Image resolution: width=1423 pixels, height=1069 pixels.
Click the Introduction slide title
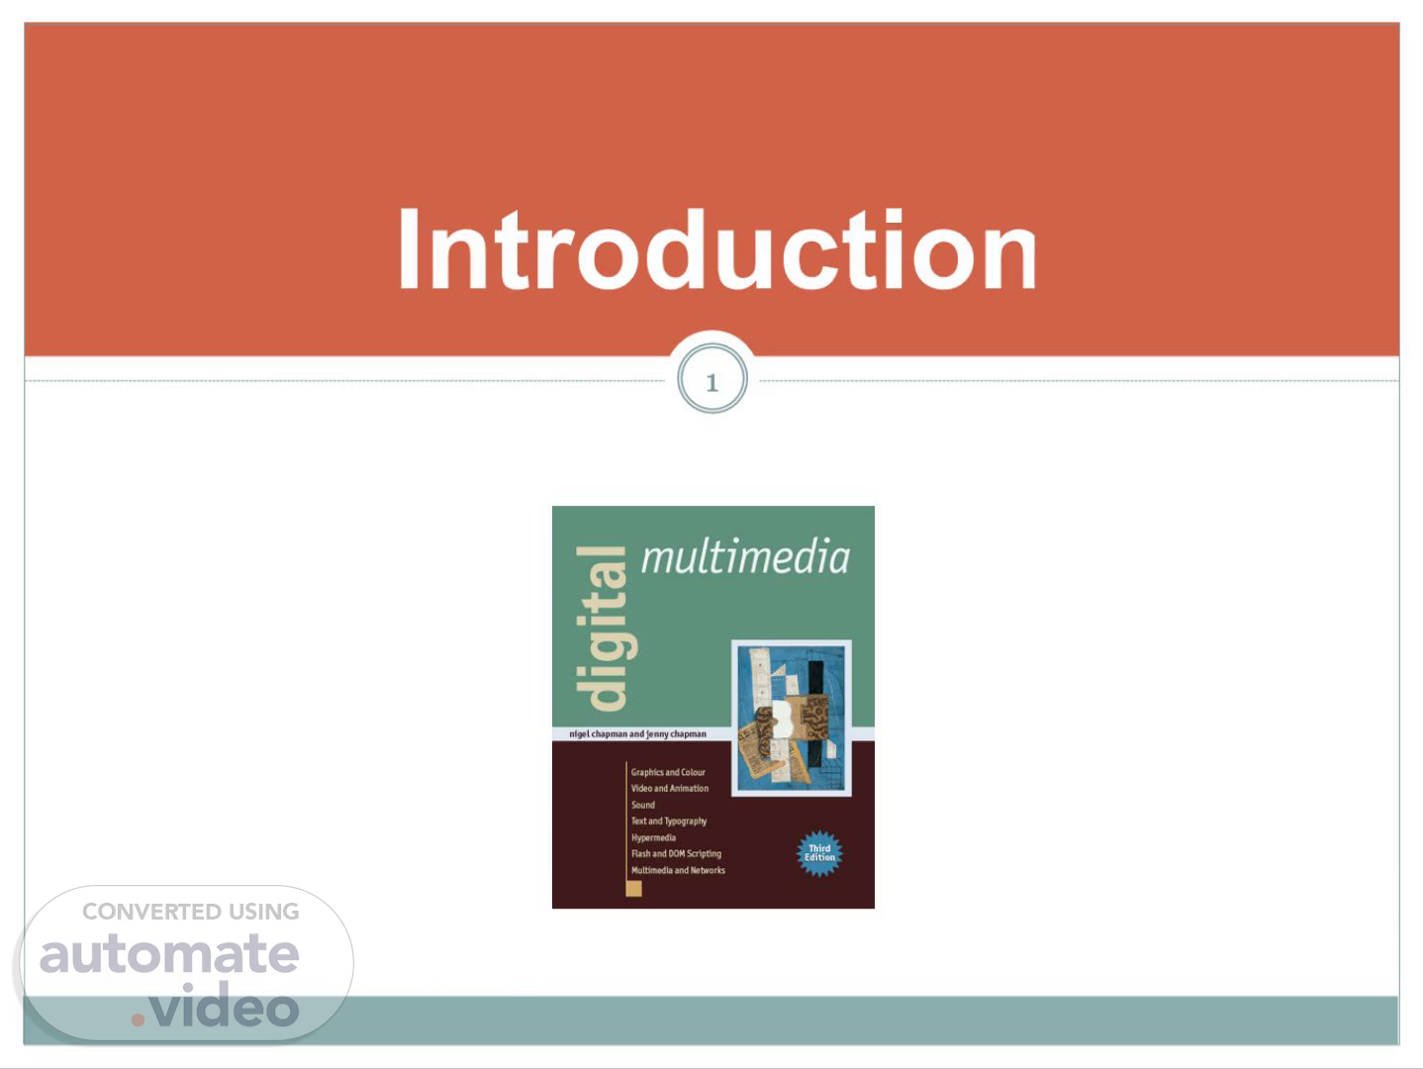(717, 249)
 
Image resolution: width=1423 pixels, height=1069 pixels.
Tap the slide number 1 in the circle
(711, 382)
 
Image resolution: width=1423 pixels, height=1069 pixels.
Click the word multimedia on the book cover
(745, 556)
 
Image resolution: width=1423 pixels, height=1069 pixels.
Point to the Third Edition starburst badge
(819, 853)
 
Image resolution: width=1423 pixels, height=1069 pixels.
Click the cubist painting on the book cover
(791, 718)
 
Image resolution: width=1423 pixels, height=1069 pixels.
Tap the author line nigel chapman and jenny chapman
(637, 733)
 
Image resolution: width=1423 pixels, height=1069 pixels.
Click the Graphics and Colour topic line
(668, 772)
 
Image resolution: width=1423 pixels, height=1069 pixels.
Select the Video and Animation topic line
(670, 788)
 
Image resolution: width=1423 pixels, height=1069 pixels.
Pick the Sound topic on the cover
(643, 805)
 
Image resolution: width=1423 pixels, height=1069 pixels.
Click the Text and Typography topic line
(668, 822)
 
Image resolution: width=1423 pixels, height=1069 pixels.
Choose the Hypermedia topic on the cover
(653, 837)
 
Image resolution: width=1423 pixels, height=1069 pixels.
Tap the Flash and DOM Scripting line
(676, 854)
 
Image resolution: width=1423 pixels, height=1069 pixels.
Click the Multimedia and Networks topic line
(678, 870)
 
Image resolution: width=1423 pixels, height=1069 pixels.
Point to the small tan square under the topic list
(634, 889)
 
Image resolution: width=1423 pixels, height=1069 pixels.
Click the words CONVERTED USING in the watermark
(191, 912)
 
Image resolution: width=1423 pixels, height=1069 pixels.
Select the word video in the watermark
(225, 1005)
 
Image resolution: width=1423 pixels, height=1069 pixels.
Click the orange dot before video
(138, 1020)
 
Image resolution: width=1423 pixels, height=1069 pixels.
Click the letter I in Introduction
(408, 248)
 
